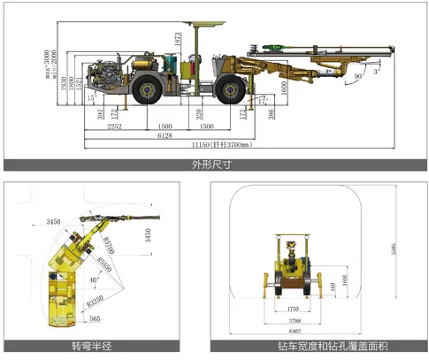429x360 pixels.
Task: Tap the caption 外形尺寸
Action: point(214,165)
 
